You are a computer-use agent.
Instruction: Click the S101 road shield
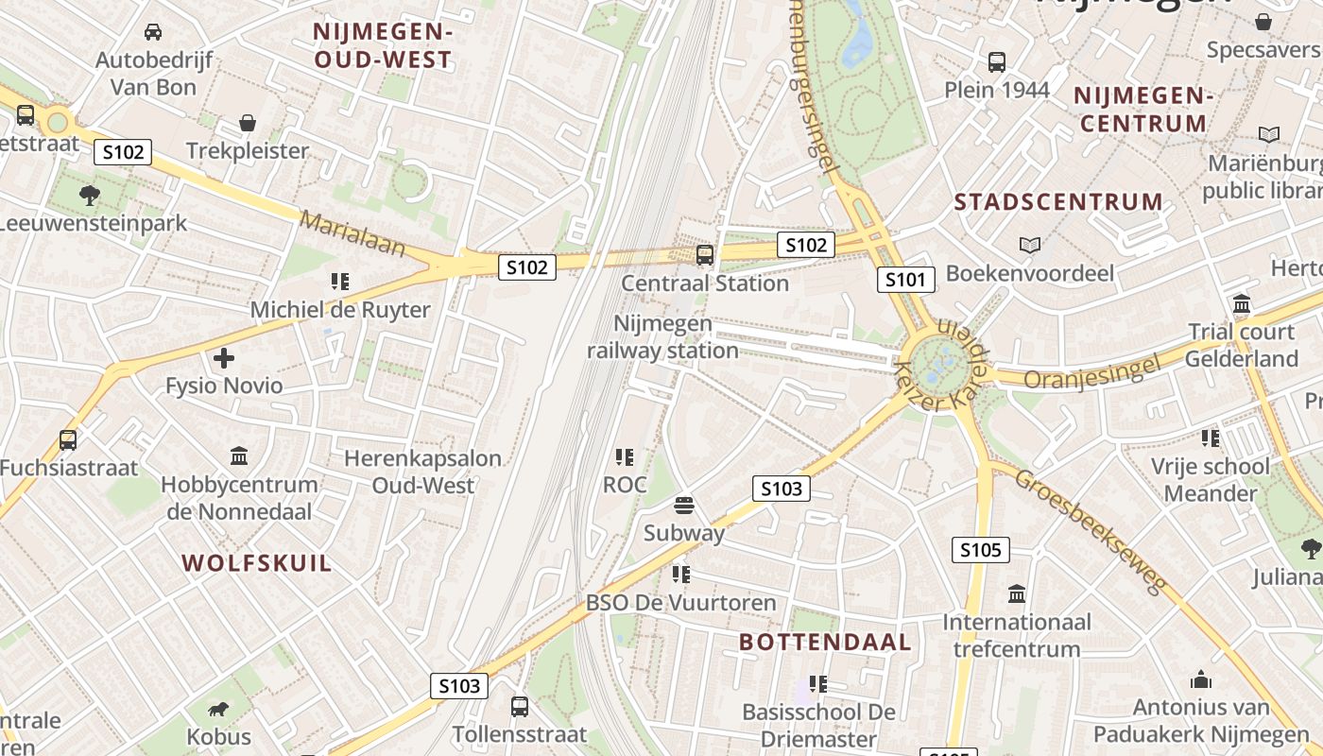(x=906, y=279)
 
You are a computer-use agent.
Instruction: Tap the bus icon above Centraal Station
(x=704, y=254)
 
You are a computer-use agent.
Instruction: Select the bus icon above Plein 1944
(x=997, y=62)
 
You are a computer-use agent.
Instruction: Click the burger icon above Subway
(x=684, y=506)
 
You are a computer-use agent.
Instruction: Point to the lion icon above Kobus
(x=218, y=710)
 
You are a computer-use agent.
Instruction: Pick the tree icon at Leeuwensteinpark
(x=90, y=196)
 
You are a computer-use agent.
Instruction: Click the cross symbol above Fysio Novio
(x=224, y=358)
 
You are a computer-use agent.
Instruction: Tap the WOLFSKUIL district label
(x=257, y=563)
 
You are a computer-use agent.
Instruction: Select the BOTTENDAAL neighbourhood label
(x=825, y=643)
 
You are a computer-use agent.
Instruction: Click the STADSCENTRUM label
(x=1058, y=202)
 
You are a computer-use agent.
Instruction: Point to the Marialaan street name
(x=352, y=234)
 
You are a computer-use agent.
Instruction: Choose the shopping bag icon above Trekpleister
(x=248, y=123)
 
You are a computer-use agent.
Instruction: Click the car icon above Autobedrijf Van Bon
(x=153, y=32)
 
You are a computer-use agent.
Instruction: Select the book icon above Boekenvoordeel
(x=1030, y=246)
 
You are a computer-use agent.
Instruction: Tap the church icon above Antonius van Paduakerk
(x=1201, y=679)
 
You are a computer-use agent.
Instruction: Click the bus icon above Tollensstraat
(x=519, y=706)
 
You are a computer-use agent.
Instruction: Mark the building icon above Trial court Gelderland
(x=1242, y=304)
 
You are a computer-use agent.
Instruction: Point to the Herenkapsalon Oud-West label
(x=422, y=472)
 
